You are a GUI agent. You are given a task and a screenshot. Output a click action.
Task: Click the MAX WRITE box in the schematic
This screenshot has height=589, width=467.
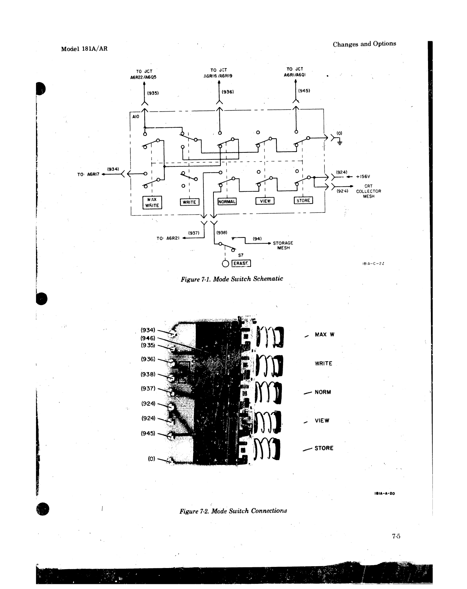(152, 202)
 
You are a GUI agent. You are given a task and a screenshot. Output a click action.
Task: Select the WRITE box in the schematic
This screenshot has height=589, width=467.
(189, 202)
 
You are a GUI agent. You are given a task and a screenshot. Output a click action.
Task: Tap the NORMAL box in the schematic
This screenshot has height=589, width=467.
(227, 201)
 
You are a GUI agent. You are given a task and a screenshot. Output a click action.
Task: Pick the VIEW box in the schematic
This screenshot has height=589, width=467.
(265, 201)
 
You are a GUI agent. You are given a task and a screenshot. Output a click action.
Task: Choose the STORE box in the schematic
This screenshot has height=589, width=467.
(303, 201)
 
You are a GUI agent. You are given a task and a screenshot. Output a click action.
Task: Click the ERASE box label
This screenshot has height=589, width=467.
(241, 264)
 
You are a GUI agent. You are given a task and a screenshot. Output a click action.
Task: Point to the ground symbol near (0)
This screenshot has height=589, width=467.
(339, 142)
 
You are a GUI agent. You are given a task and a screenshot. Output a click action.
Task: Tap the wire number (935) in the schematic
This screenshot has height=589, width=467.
(153, 93)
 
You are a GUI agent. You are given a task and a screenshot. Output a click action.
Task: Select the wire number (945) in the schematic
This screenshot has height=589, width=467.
(304, 90)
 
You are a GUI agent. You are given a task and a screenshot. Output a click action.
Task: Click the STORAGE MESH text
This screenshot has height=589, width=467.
(283, 246)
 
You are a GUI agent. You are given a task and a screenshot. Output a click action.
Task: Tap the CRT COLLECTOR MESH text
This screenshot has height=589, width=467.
(368, 191)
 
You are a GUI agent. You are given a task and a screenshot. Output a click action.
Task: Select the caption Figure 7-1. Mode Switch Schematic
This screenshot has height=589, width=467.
(232, 279)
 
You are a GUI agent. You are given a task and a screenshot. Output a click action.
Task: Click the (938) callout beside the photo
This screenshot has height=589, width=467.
(148, 374)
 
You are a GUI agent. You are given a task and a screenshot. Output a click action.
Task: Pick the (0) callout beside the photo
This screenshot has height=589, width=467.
(152, 459)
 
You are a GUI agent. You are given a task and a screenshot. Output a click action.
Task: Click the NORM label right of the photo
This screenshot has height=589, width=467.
(323, 392)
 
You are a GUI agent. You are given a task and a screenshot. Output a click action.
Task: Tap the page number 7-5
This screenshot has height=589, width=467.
(396, 536)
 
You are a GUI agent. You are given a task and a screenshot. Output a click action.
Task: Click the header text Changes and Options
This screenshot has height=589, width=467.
(364, 44)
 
